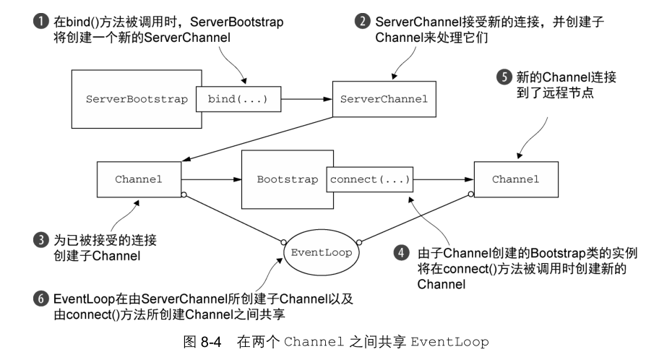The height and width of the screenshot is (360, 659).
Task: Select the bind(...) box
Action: coord(238,99)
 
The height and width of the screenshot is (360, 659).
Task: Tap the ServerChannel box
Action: coord(384,99)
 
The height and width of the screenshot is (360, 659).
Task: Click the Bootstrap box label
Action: coord(288,179)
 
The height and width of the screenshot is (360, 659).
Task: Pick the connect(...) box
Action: coord(370,179)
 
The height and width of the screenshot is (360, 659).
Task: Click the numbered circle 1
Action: coord(40,21)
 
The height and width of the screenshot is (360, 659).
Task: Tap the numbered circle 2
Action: coord(362,21)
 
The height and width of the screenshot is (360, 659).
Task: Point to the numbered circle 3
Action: coord(40,240)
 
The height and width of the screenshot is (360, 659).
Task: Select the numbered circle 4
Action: coord(401,253)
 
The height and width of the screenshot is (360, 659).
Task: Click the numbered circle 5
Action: coord(504,77)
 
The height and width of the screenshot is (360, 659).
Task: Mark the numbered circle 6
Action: coord(40,299)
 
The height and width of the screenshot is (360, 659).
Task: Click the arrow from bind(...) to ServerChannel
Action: coord(307,99)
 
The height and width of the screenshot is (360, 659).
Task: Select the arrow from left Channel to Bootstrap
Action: coord(212,179)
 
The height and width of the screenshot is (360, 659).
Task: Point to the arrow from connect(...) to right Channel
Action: coord(444,179)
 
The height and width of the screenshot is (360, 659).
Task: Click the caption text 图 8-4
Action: coord(202,342)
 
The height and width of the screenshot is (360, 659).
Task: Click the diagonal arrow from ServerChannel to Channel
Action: coord(257,139)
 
